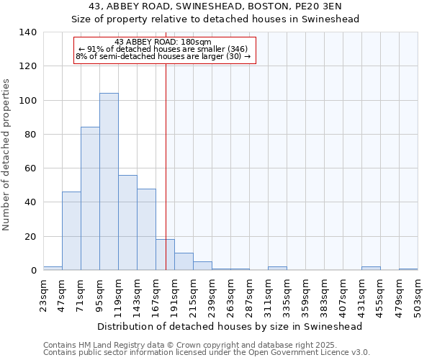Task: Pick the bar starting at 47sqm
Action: (71, 230)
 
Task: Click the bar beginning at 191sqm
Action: (184, 261)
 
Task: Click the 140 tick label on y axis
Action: (27, 32)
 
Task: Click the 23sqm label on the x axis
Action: (44, 293)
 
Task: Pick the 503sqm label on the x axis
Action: (418, 293)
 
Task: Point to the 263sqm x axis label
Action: (230, 293)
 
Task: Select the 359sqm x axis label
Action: (305, 293)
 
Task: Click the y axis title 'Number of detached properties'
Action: (7, 155)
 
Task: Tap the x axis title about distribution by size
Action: (230, 326)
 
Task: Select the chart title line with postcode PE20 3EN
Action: (215, 6)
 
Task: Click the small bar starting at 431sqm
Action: (371, 268)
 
